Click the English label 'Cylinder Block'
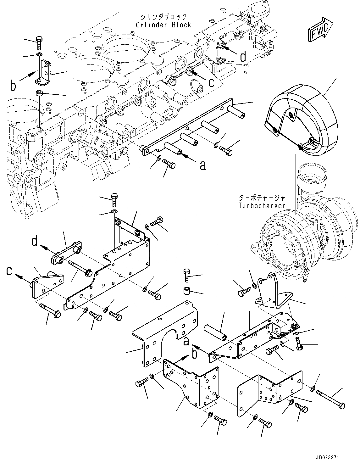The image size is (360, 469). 163,25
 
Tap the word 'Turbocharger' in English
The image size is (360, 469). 262,206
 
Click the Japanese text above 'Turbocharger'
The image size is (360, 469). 262,198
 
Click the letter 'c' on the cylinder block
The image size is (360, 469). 212,82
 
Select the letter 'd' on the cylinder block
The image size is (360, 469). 243,57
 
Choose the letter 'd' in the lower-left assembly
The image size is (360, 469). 34,241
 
